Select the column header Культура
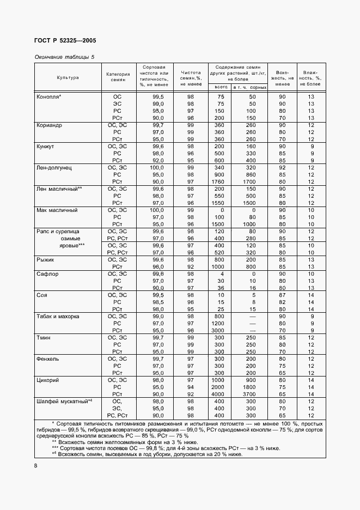point(68,77)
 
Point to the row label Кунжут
point(46,147)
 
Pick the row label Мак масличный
point(57,210)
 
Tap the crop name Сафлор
point(47,274)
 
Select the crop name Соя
point(42,295)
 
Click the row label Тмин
point(44,337)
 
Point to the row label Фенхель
point(48,359)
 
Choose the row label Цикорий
point(48,380)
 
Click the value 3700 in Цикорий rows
point(250,393)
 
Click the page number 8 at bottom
point(36,466)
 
